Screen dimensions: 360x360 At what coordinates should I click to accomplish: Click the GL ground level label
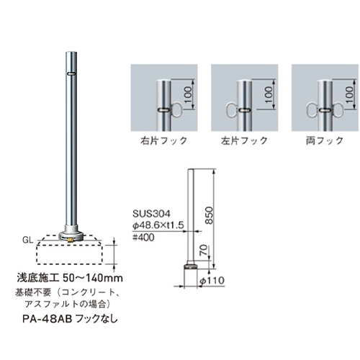pyautogui.click(x=27, y=240)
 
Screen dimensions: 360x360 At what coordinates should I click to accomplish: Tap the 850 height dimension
pyautogui.click(x=209, y=215)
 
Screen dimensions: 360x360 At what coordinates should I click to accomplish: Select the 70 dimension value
pyautogui.click(x=203, y=250)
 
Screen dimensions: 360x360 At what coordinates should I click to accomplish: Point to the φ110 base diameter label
pyautogui.click(x=212, y=280)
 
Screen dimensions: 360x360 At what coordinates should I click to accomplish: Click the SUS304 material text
pyautogui.click(x=151, y=214)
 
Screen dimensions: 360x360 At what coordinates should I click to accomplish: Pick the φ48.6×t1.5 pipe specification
pyautogui.click(x=158, y=225)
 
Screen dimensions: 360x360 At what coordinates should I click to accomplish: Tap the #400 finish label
pyautogui.click(x=143, y=238)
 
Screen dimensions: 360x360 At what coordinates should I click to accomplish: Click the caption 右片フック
pyautogui.click(x=164, y=140)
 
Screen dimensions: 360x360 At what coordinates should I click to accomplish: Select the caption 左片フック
pyautogui.click(x=244, y=140)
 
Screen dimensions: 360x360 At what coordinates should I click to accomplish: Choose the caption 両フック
pyautogui.click(x=325, y=140)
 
